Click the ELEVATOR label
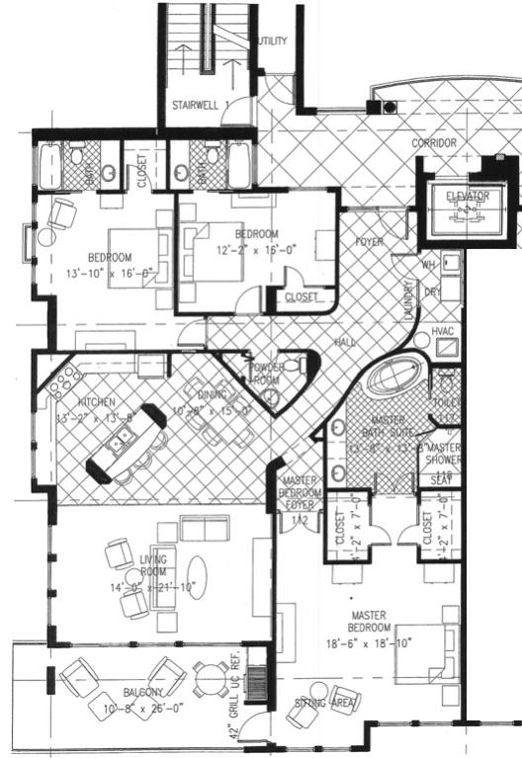click(468, 197)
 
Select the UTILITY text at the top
click(272, 42)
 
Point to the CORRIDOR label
click(434, 144)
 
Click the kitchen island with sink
click(126, 445)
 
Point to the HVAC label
click(443, 332)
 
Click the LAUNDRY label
click(408, 297)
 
